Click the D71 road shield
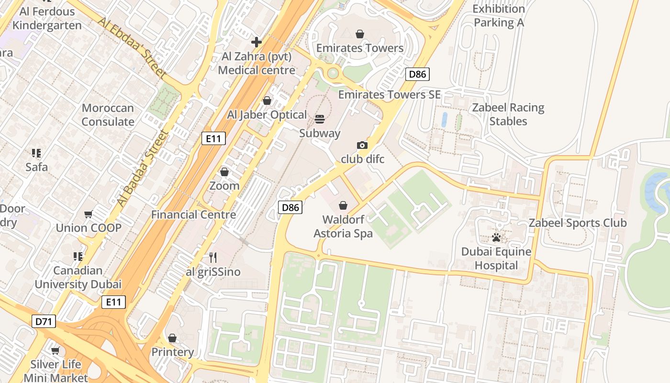(44, 321)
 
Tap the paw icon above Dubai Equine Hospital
(496, 237)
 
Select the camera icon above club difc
(362, 145)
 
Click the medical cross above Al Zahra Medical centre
(257, 42)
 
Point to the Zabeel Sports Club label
(577, 223)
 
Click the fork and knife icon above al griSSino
(213, 258)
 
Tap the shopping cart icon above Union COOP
(88, 214)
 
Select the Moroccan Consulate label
(108, 115)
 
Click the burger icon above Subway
(320, 119)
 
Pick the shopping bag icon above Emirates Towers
(360, 34)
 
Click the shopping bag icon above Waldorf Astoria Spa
(343, 205)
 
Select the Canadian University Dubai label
(78, 277)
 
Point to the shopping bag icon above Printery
(172, 338)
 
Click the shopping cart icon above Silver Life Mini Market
(56, 350)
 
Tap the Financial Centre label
(193, 214)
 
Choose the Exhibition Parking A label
(499, 16)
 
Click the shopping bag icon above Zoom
(224, 172)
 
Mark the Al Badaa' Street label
(143, 168)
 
